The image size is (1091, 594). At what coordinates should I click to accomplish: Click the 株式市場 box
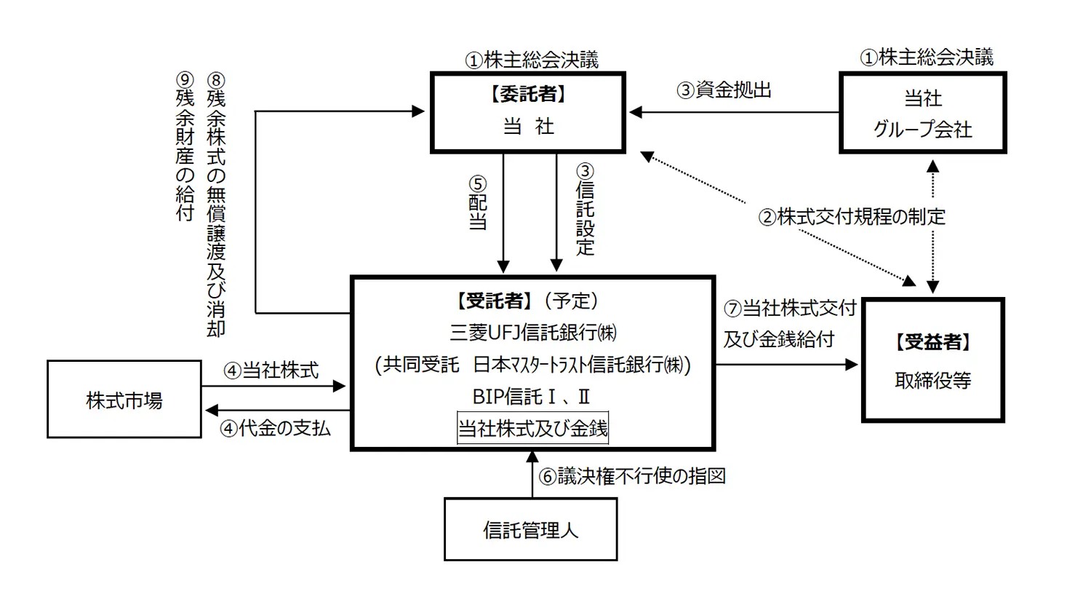pos(124,400)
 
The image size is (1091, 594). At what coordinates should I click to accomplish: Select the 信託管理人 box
pos(530,529)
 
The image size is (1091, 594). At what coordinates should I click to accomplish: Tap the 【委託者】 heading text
pos(528,94)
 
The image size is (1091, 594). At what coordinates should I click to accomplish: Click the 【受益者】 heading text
pos(933,341)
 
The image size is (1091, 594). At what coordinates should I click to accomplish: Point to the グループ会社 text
pos(922,129)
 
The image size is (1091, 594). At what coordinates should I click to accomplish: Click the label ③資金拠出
pos(724,90)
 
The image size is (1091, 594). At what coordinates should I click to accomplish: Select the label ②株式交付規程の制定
pos(852,216)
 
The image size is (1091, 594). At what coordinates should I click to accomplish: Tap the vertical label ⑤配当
pos(477,203)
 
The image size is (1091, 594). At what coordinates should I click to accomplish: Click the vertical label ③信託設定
pos(585,209)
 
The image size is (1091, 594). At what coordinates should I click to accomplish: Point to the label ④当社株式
pos(271,371)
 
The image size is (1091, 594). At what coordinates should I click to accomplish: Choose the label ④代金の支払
pos(275,428)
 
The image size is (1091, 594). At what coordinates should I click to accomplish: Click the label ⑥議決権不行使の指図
pos(632,476)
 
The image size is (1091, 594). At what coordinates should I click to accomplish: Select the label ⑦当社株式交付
pos(790,308)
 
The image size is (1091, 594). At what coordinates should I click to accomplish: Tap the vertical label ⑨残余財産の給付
pos(185,146)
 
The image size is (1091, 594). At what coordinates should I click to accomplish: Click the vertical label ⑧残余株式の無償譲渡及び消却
pos(216,204)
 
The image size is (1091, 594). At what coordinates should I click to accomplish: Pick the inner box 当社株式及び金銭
pos(532,428)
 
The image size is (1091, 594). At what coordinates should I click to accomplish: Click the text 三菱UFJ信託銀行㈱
pos(533,333)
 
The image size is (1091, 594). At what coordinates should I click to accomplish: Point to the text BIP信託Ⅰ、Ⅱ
pos(531,397)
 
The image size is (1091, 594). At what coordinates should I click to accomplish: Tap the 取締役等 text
pos(933,380)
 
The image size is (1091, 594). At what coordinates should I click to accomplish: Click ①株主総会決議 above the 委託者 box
pos(532,60)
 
